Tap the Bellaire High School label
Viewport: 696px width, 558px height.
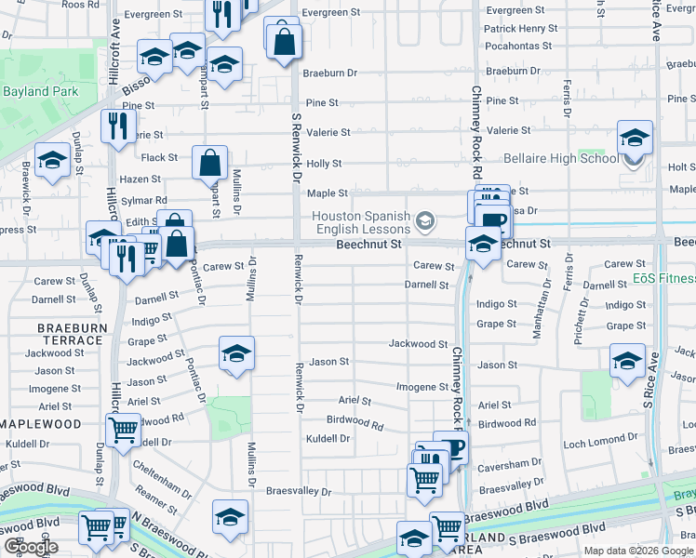(x=560, y=158)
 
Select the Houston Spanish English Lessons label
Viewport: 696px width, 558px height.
(x=361, y=222)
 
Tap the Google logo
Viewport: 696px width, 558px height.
(x=31, y=547)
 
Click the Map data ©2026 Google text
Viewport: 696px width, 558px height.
(x=637, y=551)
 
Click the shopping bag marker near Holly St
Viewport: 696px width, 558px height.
(x=211, y=164)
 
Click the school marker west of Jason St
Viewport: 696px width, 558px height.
(x=236, y=354)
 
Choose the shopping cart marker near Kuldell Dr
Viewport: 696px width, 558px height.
(x=123, y=431)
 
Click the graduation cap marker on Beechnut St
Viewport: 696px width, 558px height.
(x=482, y=244)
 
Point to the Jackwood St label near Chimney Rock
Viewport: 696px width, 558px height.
(x=418, y=344)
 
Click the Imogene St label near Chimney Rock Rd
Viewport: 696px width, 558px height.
(x=422, y=387)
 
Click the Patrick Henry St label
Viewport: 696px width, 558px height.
(x=519, y=29)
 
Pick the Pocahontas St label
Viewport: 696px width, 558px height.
(x=518, y=46)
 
